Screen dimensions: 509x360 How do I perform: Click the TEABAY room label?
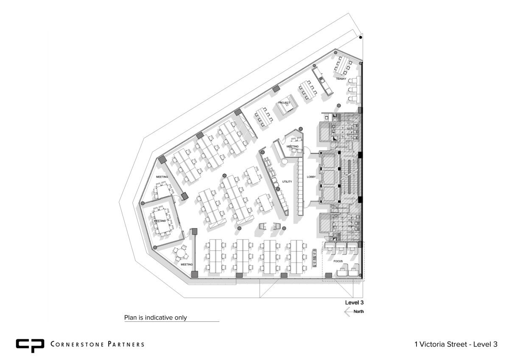coord(341,79)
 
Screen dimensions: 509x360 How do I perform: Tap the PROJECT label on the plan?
coord(284,103)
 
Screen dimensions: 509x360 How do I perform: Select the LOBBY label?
coord(311,177)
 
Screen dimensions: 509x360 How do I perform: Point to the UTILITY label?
coord(287,182)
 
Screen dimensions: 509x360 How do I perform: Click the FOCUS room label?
coord(338,261)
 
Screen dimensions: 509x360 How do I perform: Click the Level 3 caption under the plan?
coord(354,302)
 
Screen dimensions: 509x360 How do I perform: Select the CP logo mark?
coord(30,346)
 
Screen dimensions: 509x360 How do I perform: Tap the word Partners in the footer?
coord(126,344)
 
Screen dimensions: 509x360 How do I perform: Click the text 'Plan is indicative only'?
coord(155,318)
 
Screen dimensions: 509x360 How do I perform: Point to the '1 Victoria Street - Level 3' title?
coord(456,344)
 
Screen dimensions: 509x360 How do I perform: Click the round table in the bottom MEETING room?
coord(180,253)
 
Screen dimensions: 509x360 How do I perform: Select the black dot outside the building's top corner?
coord(361,37)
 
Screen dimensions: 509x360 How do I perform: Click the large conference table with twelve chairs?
coord(162,221)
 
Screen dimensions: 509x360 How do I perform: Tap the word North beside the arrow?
coord(358,311)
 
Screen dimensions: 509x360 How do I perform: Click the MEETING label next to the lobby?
coord(292,146)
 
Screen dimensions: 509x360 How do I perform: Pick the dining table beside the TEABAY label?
coord(343,65)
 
